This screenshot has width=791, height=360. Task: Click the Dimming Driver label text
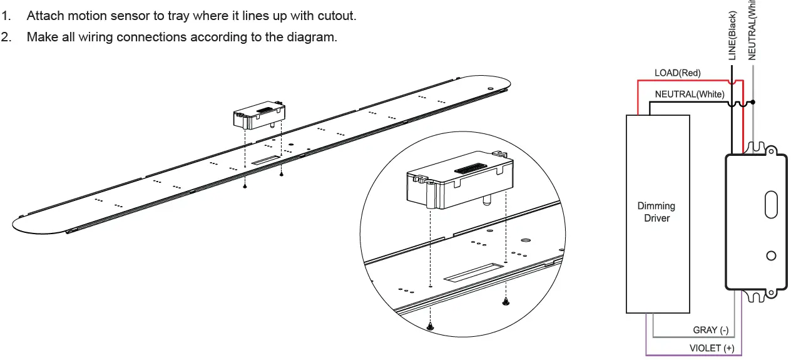[x=656, y=212]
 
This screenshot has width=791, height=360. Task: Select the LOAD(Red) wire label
[x=677, y=73]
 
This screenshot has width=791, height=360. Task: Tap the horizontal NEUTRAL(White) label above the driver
[x=689, y=95]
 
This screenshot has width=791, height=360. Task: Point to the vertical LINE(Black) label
[x=733, y=36]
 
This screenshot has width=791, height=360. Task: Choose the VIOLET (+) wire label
[x=712, y=348]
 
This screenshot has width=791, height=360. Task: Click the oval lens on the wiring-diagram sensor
[x=771, y=206]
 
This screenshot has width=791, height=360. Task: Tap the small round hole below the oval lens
[x=771, y=255]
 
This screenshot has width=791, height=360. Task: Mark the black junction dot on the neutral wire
[x=753, y=101]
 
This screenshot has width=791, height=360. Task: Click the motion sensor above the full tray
[x=260, y=116]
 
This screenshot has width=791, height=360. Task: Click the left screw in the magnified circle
[x=430, y=326]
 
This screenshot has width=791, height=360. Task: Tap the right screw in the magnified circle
[x=506, y=302]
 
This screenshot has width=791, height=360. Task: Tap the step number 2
[x=6, y=37]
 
